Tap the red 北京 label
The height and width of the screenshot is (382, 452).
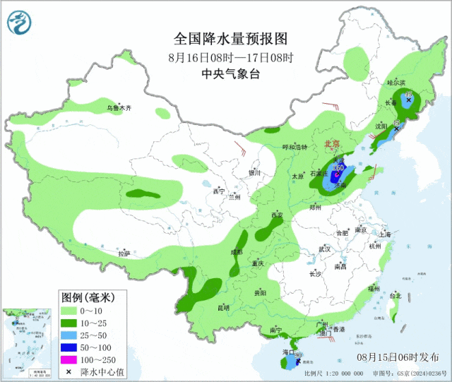[x=332, y=144]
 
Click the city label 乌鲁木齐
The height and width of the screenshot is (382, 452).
[x=119, y=108]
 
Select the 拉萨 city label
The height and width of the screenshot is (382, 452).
[x=124, y=253]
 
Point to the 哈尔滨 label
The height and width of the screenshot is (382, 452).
[x=398, y=83]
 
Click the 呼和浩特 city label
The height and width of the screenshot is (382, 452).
[x=295, y=148]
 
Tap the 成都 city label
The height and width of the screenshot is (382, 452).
[x=236, y=252]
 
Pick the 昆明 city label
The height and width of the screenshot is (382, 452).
[x=223, y=307]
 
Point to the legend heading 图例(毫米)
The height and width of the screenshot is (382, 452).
[x=83, y=296]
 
